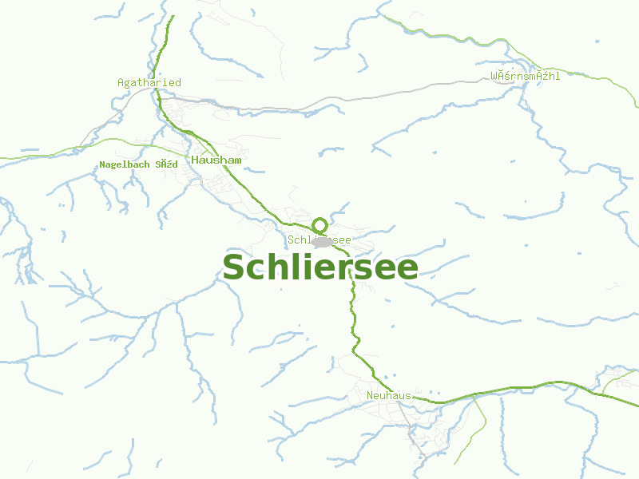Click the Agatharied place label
[x=149, y=82]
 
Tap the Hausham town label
[x=216, y=160]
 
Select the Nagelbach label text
[x=125, y=164]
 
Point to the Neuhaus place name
[x=388, y=396]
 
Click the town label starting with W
[x=525, y=77]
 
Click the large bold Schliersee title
[x=319, y=267]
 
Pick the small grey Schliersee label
[x=319, y=239]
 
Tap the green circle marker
[x=319, y=225]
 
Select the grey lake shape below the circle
[x=322, y=241]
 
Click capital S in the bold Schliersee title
[x=233, y=268]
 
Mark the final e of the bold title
[x=407, y=270]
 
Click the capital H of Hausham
[x=195, y=160]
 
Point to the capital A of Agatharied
[x=121, y=82]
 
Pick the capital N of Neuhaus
[x=371, y=396]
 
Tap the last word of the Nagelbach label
[x=166, y=164]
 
